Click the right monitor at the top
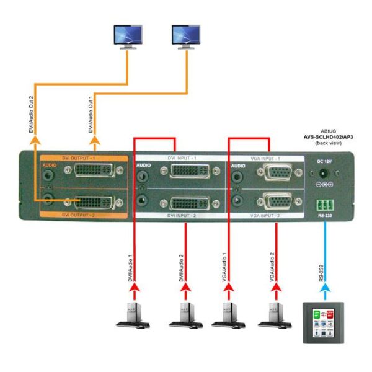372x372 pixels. (186, 37)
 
